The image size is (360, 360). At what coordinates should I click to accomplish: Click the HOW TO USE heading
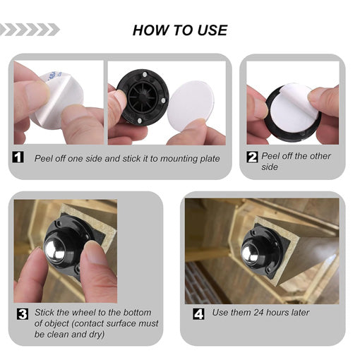(180, 30)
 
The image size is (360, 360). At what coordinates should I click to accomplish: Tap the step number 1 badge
(19, 158)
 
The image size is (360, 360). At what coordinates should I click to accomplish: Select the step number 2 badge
(252, 157)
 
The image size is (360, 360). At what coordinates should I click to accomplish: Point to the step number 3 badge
(23, 313)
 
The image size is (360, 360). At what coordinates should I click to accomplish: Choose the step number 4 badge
(199, 312)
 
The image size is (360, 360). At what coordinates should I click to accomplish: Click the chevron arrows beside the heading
(30, 30)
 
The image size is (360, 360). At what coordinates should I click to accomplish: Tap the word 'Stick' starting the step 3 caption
(45, 312)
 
